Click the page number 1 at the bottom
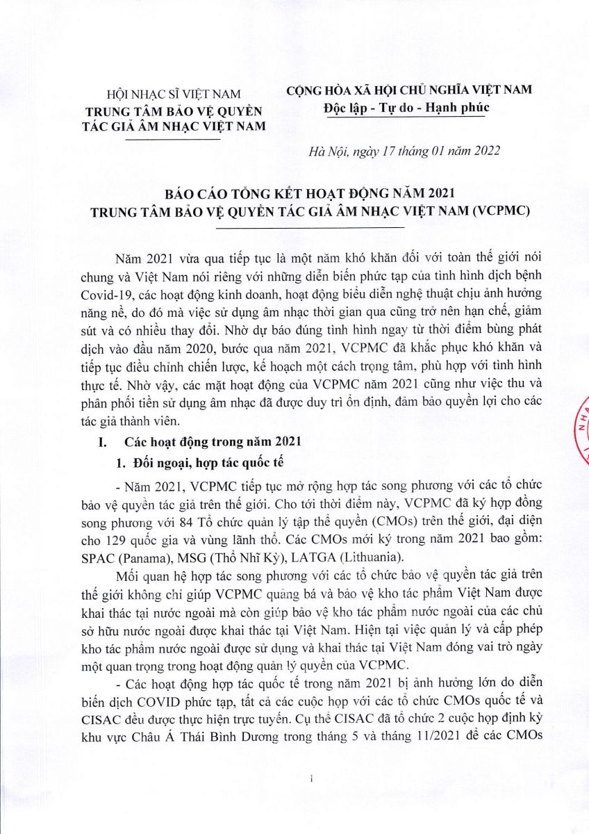313,780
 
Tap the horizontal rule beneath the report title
310,227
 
